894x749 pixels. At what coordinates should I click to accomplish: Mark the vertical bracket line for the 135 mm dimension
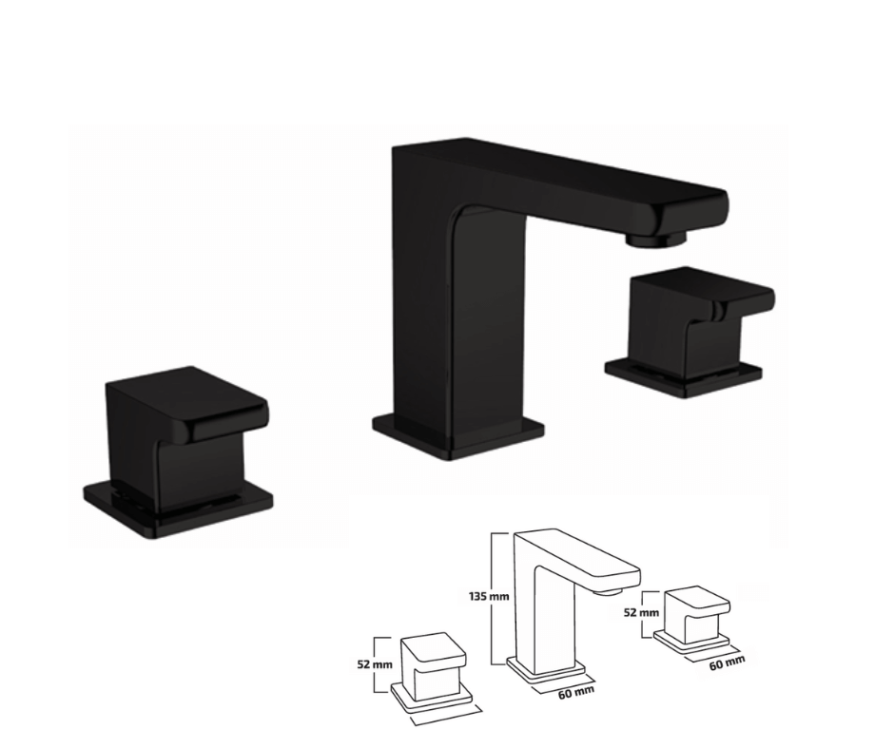coord(493,596)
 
